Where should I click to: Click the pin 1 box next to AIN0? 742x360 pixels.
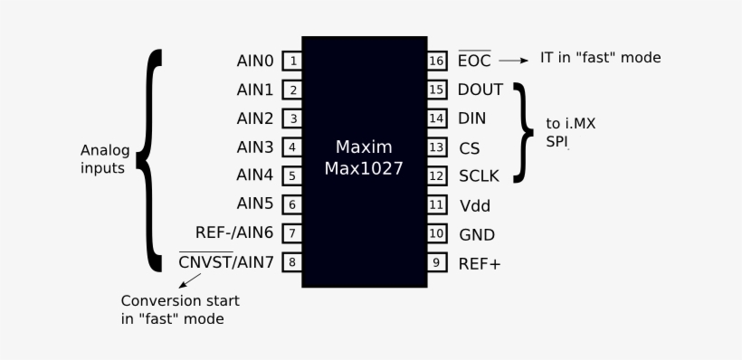292,62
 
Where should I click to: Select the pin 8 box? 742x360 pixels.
292,263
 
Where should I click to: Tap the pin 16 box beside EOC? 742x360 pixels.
437,62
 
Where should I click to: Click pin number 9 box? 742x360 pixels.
437,263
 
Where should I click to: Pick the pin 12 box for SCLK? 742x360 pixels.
437,176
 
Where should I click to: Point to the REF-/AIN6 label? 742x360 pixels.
233,233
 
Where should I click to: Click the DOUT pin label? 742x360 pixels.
480,90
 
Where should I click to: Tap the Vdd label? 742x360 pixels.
474,205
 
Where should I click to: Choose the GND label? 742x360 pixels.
476,234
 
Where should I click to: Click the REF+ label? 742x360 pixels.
480,263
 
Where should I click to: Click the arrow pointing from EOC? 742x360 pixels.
512,61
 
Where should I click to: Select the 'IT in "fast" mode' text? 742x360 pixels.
600,58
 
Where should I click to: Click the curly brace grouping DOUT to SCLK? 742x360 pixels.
523,133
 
